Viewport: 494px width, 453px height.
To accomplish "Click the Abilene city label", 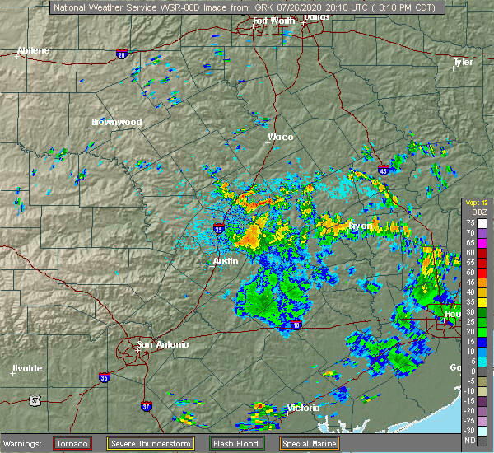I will pos(34,50).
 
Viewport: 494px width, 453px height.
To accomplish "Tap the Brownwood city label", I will pos(117,122).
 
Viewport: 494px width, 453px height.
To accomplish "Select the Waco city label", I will pos(281,137).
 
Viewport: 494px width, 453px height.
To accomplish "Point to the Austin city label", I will pos(226,261).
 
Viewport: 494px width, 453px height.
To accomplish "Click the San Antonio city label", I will pos(162,344).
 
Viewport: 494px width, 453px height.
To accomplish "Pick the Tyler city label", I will pos(464,62).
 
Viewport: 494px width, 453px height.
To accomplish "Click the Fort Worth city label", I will pos(273,20).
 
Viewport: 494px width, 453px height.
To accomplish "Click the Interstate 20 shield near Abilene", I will pos(123,55).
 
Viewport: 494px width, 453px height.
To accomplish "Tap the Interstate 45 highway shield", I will pos(384,170).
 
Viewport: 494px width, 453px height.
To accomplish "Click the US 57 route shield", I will pos(35,399).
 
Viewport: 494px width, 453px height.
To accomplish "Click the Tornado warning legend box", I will pos(72,443).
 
